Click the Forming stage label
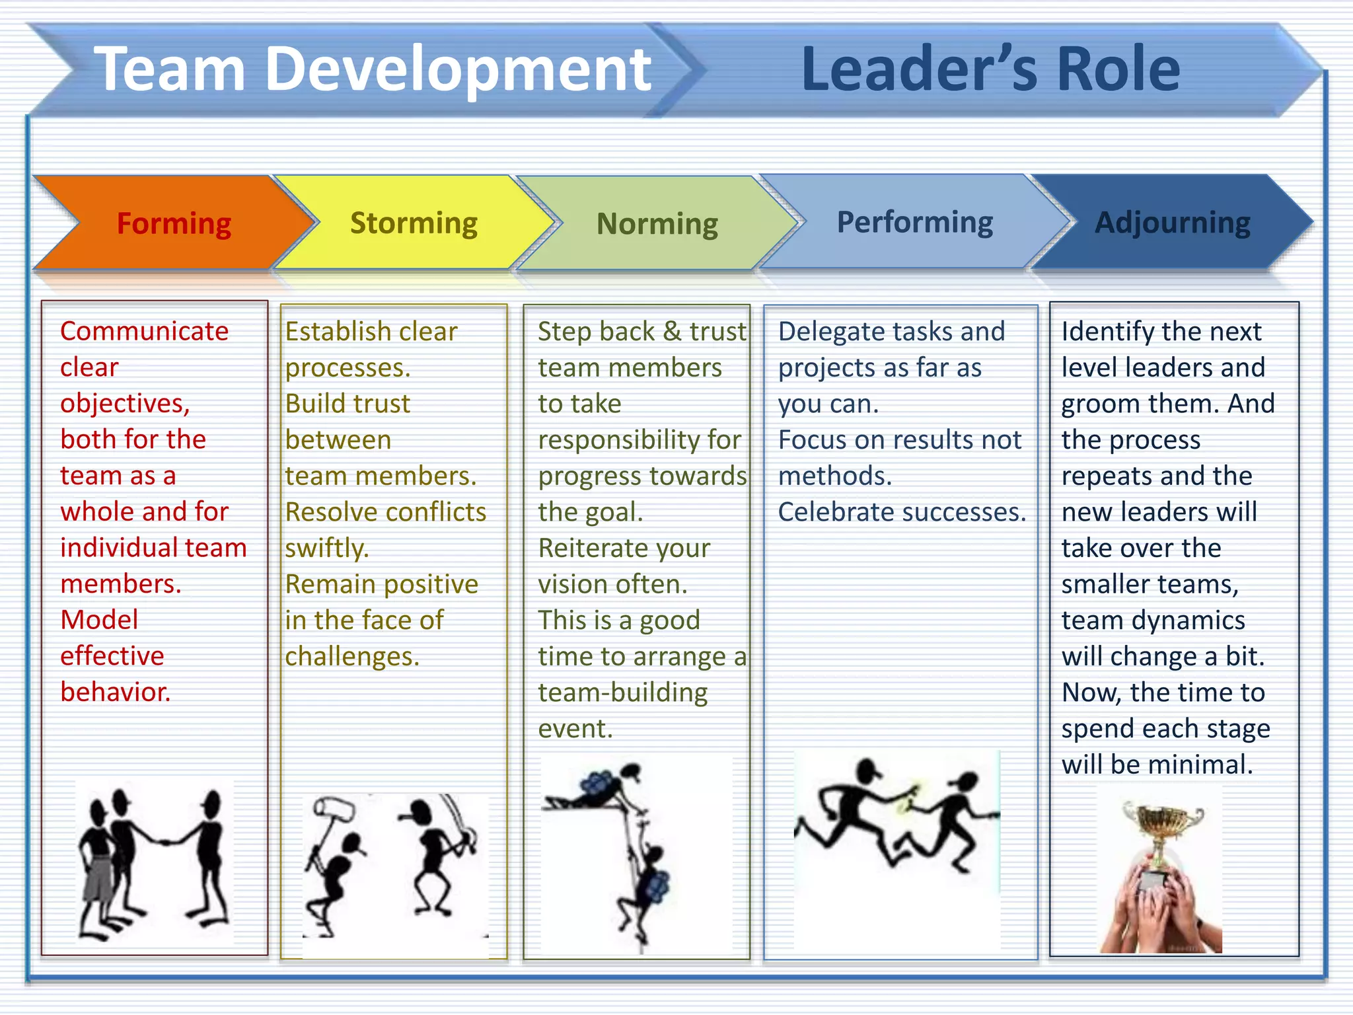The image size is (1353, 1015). (174, 223)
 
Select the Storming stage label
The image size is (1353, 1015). (414, 223)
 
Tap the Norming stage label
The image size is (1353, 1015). (657, 224)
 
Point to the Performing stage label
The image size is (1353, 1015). (914, 222)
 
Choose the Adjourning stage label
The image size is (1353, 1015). (1172, 223)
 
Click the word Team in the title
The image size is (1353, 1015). (170, 69)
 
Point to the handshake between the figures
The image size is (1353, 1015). (168, 843)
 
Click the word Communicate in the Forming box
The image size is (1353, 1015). (144, 330)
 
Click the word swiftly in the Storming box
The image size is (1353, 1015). (326, 548)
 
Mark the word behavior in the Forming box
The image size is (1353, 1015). (115, 692)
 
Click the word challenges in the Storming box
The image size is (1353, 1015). (352, 656)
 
